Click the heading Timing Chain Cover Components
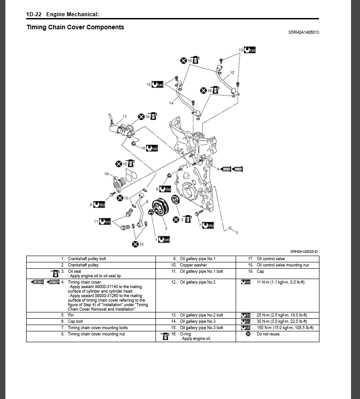75,27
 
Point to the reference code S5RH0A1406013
304,32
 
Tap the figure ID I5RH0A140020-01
305,251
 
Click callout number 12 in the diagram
232,73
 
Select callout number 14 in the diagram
171,103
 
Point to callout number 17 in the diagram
125,117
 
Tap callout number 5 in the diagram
237,232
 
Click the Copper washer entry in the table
193,265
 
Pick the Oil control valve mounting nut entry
283,265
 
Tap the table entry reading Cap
260,271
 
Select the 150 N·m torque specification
285,328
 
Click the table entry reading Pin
71,315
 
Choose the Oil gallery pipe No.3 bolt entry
201,328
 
